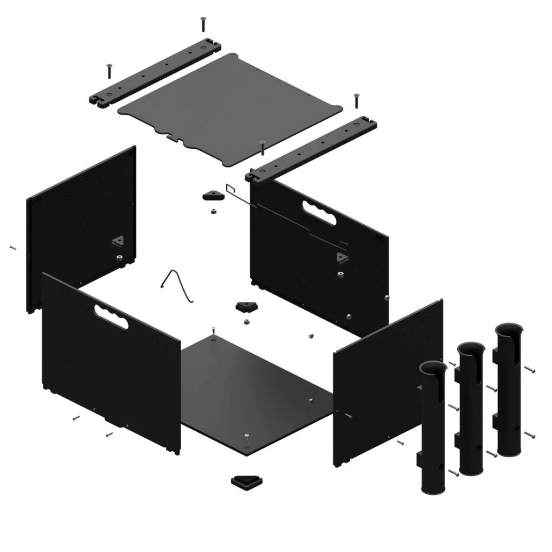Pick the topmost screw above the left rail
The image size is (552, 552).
(x=203, y=23)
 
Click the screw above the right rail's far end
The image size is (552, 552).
(x=356, y=100)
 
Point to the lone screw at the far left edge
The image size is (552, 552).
(x=13, y=247)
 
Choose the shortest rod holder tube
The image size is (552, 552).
(x=433, y=431)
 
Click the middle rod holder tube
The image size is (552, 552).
(x=471, y=410)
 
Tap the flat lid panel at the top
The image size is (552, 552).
(x=230, y=107)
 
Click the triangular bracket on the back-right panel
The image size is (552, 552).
(x=342, y=257)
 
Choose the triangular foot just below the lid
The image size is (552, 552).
(x=213, y=195)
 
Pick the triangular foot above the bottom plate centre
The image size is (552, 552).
(x=247, y=307)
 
